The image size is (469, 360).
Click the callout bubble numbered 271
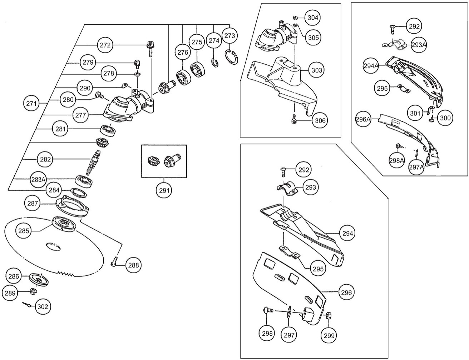(x=32, y=104)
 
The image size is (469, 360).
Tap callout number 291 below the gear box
(x=164, y=190)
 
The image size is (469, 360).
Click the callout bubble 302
(x=43, y=306)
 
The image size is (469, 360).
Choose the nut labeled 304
(x=295, y=17)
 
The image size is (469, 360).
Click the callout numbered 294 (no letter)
(x=347, y=234)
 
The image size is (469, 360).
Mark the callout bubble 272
(x=106, y=45)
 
